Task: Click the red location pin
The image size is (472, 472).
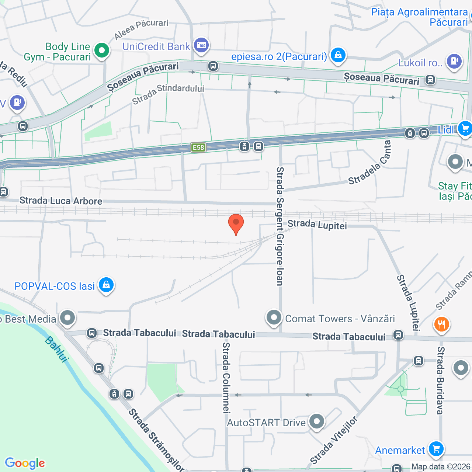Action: coord(236,223)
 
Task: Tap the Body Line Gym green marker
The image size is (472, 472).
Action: coord(102,51)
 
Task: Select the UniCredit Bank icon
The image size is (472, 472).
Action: coord(201,46)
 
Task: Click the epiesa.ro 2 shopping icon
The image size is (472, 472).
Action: coord(338,55)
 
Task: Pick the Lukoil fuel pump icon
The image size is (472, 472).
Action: coord(454,61)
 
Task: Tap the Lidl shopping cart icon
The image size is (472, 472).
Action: coord(465,128)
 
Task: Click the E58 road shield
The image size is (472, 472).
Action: coord(198,147)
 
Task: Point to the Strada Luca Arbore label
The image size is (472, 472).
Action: coord(61,201)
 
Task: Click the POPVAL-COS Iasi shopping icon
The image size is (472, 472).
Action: coord(106,285)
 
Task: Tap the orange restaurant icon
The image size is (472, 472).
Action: coord(441,324)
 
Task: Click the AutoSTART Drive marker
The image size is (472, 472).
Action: coord(316,421)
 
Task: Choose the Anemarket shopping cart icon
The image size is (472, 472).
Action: coord(436,449)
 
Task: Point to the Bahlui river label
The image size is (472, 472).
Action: coord(57,349)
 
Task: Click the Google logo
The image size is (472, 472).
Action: coord(25,463)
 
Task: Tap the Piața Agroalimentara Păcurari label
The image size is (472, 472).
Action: coord(419,17)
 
